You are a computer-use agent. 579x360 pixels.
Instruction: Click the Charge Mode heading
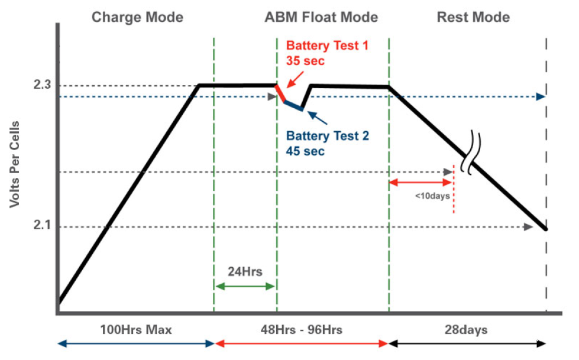[x=137, y=17]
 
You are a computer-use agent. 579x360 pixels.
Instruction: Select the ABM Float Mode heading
[x=321, y=17]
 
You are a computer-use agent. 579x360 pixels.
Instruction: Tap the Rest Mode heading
[x=473, y=17]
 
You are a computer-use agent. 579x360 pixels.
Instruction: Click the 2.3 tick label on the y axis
[x=42, y=85]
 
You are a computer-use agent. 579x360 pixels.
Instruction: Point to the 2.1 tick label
[x=42, y=225]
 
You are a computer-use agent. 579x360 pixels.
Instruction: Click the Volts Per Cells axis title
[x=14, y=164]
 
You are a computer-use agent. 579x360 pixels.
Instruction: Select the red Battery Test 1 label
[x=327, y=46]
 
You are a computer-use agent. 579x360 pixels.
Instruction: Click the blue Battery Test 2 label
[x=328, y=136]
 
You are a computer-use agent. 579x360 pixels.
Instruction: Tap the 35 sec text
[x=305, y=60]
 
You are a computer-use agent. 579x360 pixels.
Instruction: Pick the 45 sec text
[x=305, y=151]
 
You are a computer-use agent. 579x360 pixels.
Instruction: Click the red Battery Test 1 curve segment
[x=281, y=93]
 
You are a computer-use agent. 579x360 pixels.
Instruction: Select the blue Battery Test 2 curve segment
[x=293, y=105]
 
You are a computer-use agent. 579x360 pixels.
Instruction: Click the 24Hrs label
[x=245, y=272]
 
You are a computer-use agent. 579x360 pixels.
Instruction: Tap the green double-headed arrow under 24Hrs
[x=245, y=286]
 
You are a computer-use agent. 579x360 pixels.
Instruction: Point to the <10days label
[x=432, y=196]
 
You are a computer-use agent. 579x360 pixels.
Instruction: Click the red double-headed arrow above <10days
[x=420, y=182]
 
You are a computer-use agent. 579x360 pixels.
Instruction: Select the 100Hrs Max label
[x=136, y=330]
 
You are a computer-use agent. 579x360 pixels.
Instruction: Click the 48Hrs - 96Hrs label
[x=301, y=330]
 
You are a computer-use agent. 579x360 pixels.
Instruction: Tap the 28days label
[x=466, y=330]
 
